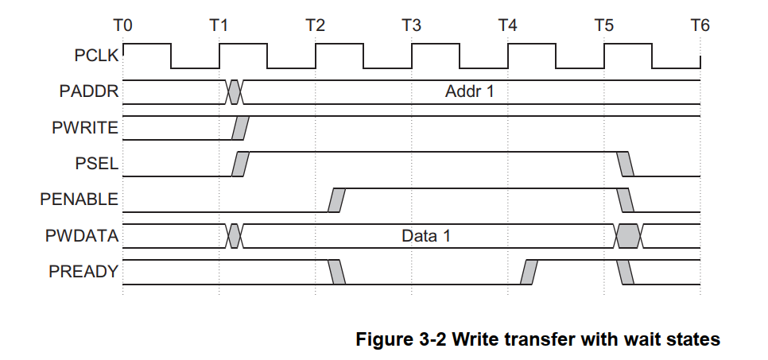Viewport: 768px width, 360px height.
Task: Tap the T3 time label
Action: click(x=411, y=25)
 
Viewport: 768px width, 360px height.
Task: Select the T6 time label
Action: click(x=700, y=25)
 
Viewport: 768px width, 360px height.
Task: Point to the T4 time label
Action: click(x=507, y=25)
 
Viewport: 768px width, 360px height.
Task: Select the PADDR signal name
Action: click(x=89, y=91)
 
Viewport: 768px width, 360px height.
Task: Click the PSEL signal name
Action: click(x=97, y=164)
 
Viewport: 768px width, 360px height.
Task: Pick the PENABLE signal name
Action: click(x=80, y=199)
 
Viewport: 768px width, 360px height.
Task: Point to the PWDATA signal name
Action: click(x=83, y=236)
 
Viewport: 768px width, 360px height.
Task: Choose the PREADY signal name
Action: click(x=83, y=272)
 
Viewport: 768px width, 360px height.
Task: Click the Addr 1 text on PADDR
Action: click(x=469, y=91)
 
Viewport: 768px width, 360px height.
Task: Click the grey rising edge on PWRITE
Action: click(x=240, y=127)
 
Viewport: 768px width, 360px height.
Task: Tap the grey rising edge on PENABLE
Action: click(x=337, y=199)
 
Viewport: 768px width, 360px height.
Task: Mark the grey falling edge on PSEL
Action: click(x=626, y=164)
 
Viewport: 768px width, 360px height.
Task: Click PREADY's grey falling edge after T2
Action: click(x=337, y=272)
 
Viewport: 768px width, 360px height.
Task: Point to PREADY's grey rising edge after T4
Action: click(x=529, y=272)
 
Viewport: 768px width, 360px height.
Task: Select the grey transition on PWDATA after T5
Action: click(x=628, y=236)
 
